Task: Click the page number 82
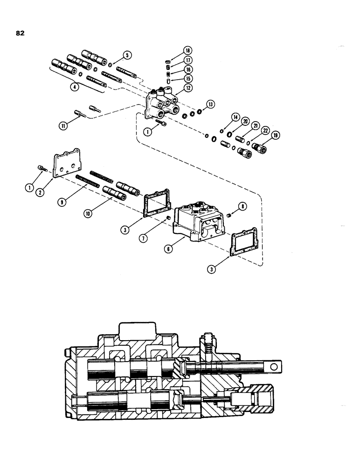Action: point(20,33)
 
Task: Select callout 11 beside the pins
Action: point(63,125)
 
